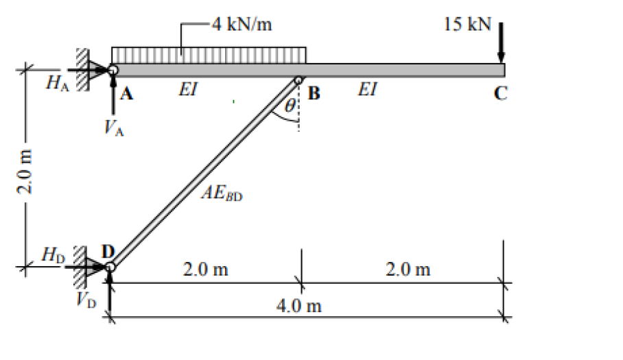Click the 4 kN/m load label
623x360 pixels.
242,25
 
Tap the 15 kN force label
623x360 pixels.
468,25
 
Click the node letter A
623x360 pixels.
126,95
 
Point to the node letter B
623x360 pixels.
314,93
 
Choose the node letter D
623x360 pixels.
108,252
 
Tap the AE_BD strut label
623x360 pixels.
222,193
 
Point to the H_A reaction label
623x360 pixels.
56,84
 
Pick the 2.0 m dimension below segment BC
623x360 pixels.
408,269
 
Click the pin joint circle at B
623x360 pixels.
298,80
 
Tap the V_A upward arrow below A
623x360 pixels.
114,96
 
